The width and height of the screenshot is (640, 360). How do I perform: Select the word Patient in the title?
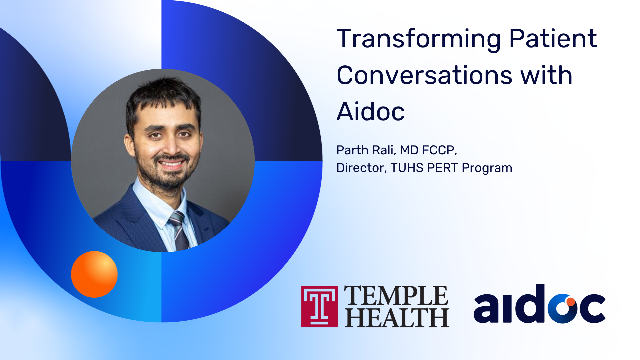point(553,38)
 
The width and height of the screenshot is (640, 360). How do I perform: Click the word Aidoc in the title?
point(371,111)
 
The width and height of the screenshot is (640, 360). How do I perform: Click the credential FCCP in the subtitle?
point(439,150)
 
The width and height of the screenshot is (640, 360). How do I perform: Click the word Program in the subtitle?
point(487,168)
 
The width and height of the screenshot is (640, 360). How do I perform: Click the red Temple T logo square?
point(319,306)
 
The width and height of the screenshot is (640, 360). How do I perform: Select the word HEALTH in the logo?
point(397,317)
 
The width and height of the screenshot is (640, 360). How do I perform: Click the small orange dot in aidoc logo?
point(571,302)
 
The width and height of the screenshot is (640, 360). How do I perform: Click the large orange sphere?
point(94,274)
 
